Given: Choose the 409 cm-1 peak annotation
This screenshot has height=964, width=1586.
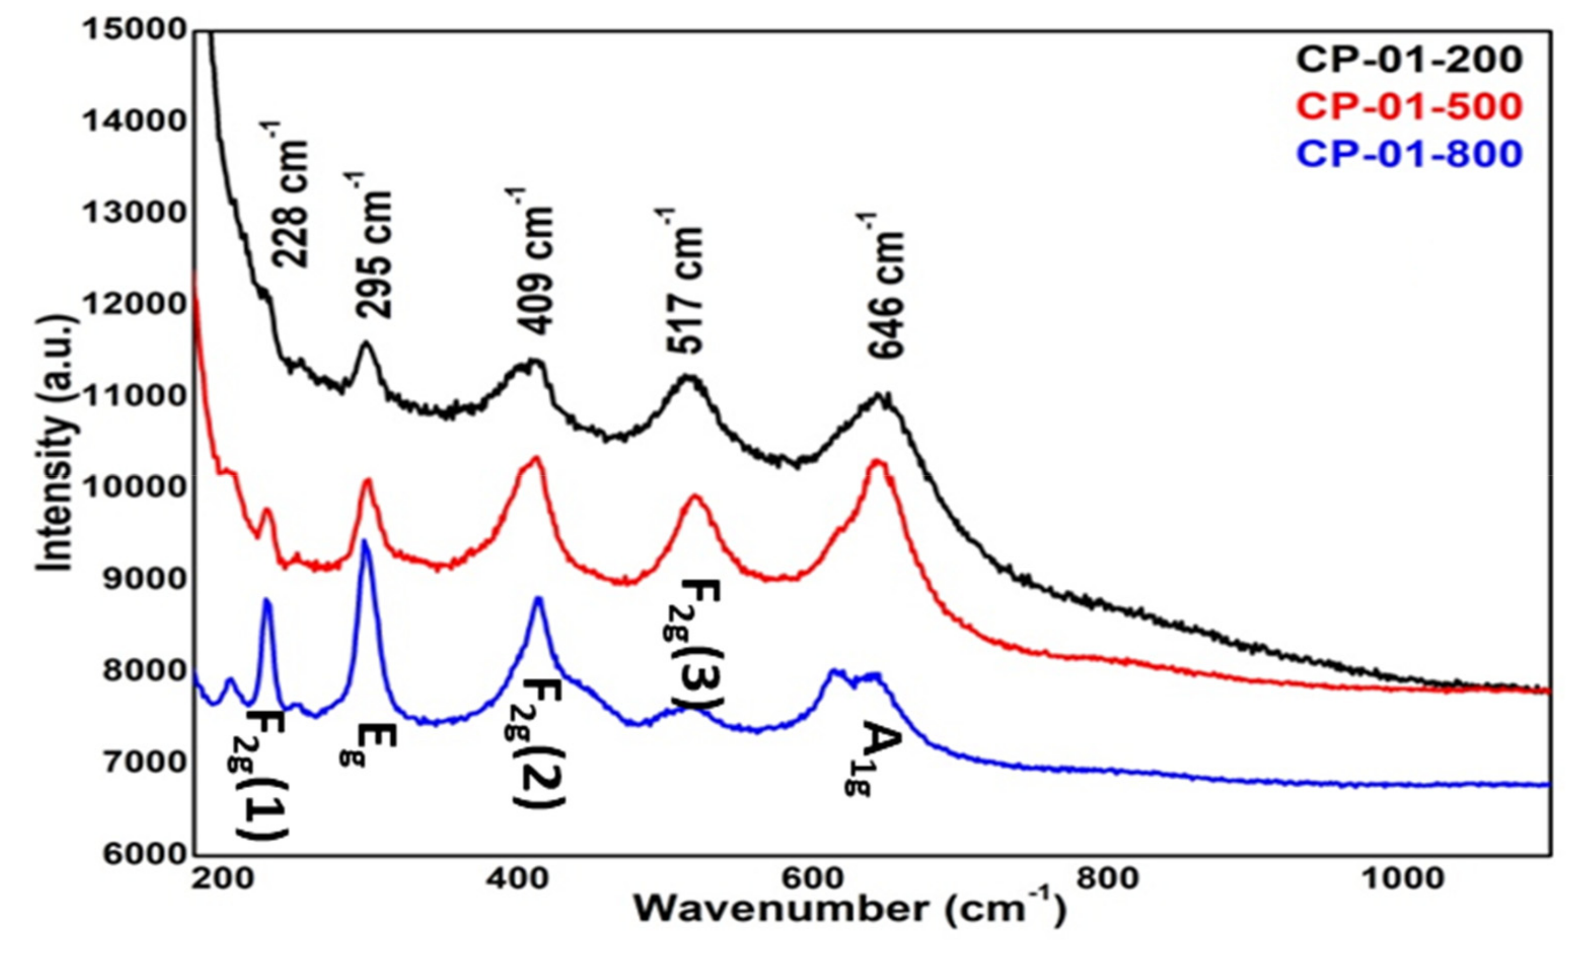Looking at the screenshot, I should (x=534, y=261).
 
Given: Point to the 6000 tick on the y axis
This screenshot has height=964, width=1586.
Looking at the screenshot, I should (x=135, y=855).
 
